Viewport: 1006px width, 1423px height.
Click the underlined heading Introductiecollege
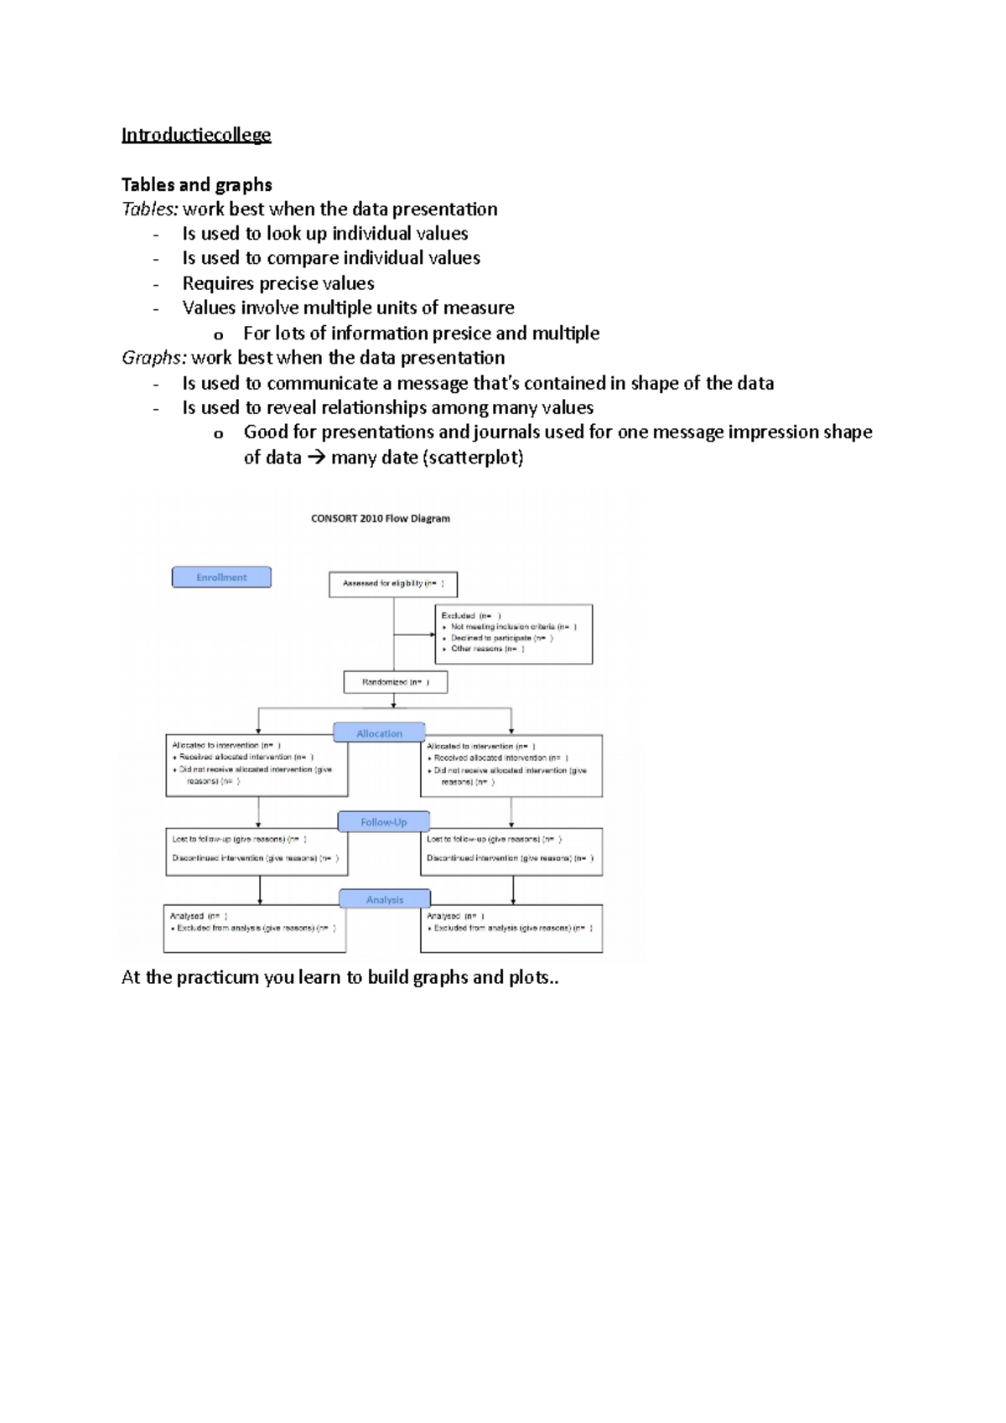[196, 135]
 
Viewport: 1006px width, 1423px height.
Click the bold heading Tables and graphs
[196, 184]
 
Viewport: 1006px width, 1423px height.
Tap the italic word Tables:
[150, 210]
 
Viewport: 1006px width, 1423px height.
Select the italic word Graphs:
[154, 358]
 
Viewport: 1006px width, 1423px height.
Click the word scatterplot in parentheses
[475, 458]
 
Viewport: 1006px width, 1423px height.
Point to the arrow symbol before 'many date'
[316, 458]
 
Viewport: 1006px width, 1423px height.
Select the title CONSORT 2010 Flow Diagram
[380, 519]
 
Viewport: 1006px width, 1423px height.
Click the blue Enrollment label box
[221, 577]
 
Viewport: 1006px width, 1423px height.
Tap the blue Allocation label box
[379, 733]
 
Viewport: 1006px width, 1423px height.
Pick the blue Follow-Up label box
[383, 822]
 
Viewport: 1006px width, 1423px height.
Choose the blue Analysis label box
[385, 899]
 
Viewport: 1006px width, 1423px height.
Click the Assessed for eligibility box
[393, 583]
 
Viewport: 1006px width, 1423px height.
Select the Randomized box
[396, 682]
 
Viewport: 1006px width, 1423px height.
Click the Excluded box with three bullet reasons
[513, 634]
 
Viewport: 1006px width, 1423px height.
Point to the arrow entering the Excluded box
[429, 634]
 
